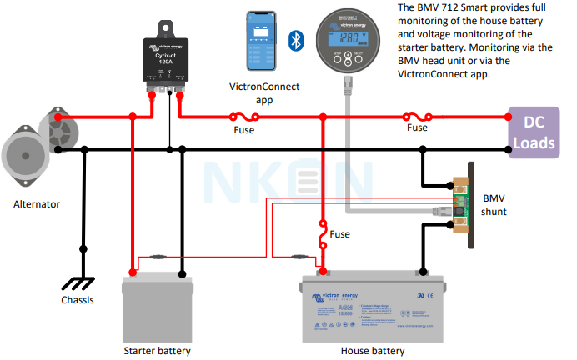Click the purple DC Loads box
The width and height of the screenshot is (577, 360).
533,132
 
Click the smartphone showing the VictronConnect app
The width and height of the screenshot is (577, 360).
263,42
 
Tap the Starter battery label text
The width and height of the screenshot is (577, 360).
157,351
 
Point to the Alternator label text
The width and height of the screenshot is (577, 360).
35,203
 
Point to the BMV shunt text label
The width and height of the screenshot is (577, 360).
500,204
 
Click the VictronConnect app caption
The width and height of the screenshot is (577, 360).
263,92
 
